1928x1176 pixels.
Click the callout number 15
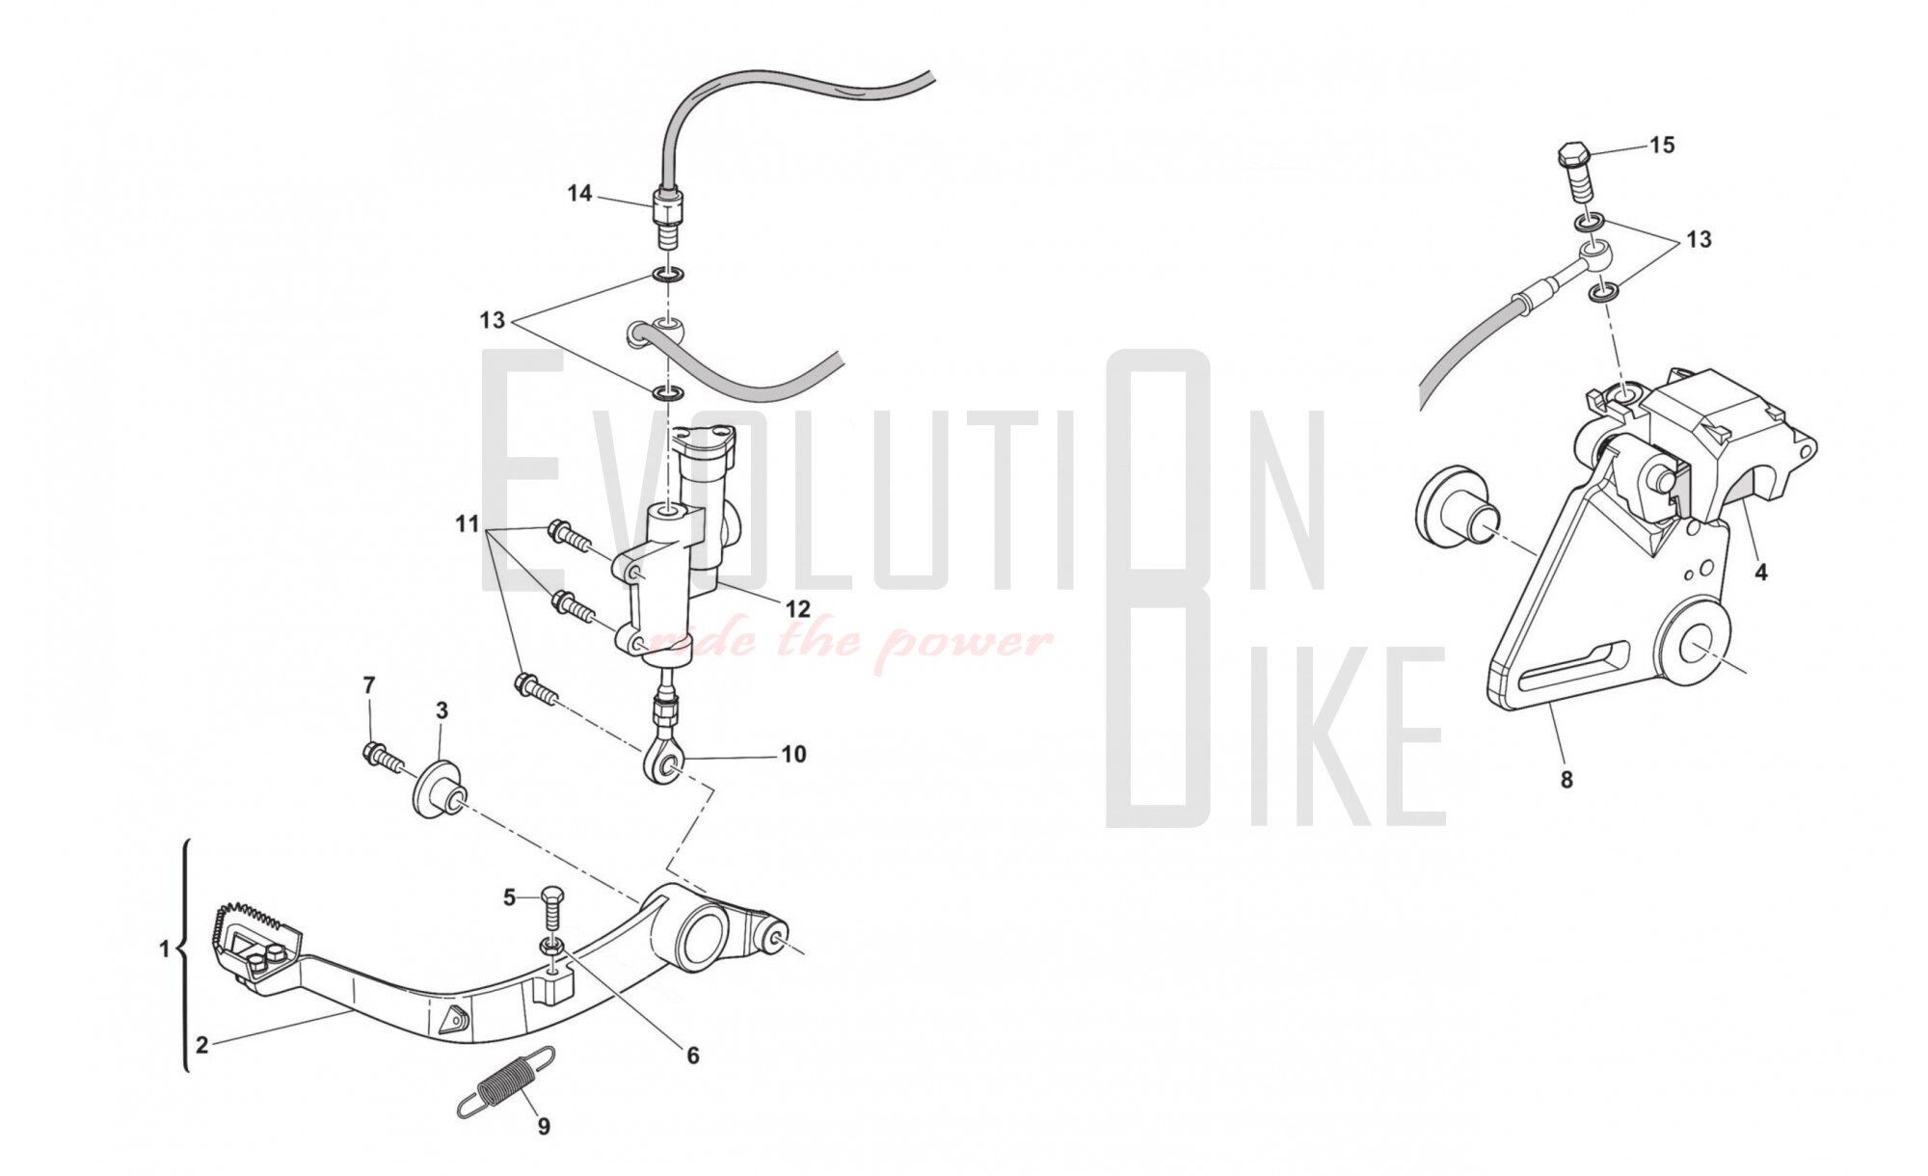tap(1662, 146)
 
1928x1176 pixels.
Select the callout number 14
tap(579, 194)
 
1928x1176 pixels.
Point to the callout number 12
tap(798, 610)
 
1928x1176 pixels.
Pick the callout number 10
tap(793, 754)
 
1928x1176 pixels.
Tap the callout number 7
tap(369, 685)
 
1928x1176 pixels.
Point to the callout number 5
tap(510, 898)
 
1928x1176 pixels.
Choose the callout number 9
tap(544, 1126)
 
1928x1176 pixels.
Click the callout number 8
tap(1566, 779)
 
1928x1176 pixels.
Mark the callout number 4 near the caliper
tap(1761, 572)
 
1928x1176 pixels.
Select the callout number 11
tap(468, 524)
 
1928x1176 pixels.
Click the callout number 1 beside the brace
tap(164, 949)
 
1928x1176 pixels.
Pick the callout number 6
tap(693, 1056)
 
